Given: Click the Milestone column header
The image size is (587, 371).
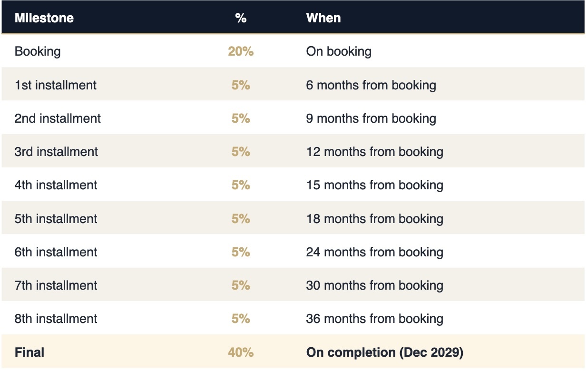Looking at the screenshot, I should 44,18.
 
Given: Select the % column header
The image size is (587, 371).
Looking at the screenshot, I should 241,18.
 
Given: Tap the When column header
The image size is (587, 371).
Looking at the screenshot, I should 323,18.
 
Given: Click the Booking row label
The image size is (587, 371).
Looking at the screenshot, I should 38,51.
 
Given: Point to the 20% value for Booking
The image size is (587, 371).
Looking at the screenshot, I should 241,51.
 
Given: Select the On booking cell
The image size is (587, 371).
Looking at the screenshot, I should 339,51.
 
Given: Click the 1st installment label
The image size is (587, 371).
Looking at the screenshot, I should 56,85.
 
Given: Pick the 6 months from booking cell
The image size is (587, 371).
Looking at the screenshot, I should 371,85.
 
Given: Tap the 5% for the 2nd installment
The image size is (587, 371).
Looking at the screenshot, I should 241,118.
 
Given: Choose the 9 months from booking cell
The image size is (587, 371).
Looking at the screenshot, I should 371,118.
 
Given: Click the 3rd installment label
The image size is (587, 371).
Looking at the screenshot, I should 56,152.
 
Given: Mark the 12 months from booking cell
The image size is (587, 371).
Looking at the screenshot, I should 374,152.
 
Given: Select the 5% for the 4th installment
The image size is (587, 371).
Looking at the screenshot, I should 241,185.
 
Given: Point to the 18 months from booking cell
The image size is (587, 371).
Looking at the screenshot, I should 374,219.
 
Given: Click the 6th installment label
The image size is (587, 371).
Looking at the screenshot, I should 56,252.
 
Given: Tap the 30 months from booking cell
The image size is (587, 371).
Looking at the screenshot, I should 374,285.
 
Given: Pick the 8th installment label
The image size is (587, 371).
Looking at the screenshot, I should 56,319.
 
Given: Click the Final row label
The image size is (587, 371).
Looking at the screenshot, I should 29,352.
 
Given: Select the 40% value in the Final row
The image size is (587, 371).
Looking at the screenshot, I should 241,352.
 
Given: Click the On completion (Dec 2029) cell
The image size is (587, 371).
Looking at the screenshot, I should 384,352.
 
